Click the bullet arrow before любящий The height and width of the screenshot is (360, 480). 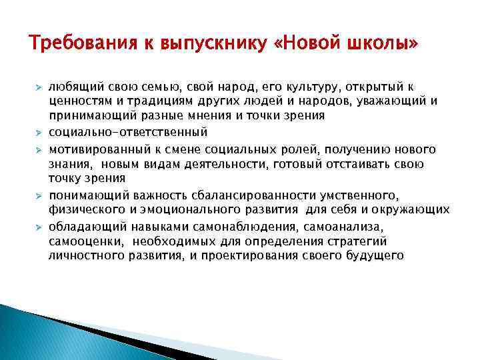point(39,88)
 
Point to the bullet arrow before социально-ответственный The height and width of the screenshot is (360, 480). point(39,132)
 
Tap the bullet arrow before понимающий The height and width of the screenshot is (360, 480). point(39,195)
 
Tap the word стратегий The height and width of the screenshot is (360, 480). point(355,241)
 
